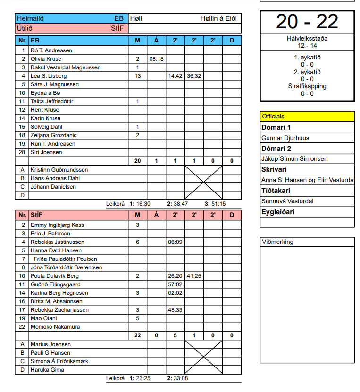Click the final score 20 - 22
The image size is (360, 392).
(307, 22)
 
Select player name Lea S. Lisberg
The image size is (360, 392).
(49, 76)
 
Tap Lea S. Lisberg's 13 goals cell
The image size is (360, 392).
(138, 76)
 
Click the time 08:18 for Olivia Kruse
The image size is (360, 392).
(156, 59)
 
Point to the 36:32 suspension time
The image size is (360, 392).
(194, 76)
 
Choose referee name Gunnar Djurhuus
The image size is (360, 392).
(285, 138)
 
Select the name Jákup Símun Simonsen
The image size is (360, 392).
(294, 159)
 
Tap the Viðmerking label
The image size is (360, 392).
(277, 242)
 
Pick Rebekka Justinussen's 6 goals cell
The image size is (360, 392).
(138, 242)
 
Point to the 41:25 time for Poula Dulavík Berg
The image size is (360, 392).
(194, 276)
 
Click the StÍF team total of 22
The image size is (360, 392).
(138, 335)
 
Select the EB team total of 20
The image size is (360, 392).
(138, 161)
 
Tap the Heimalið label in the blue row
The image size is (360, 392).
(30, 18)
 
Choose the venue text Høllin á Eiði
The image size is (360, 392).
(218, 18)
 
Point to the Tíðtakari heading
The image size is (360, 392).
(276, 191)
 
